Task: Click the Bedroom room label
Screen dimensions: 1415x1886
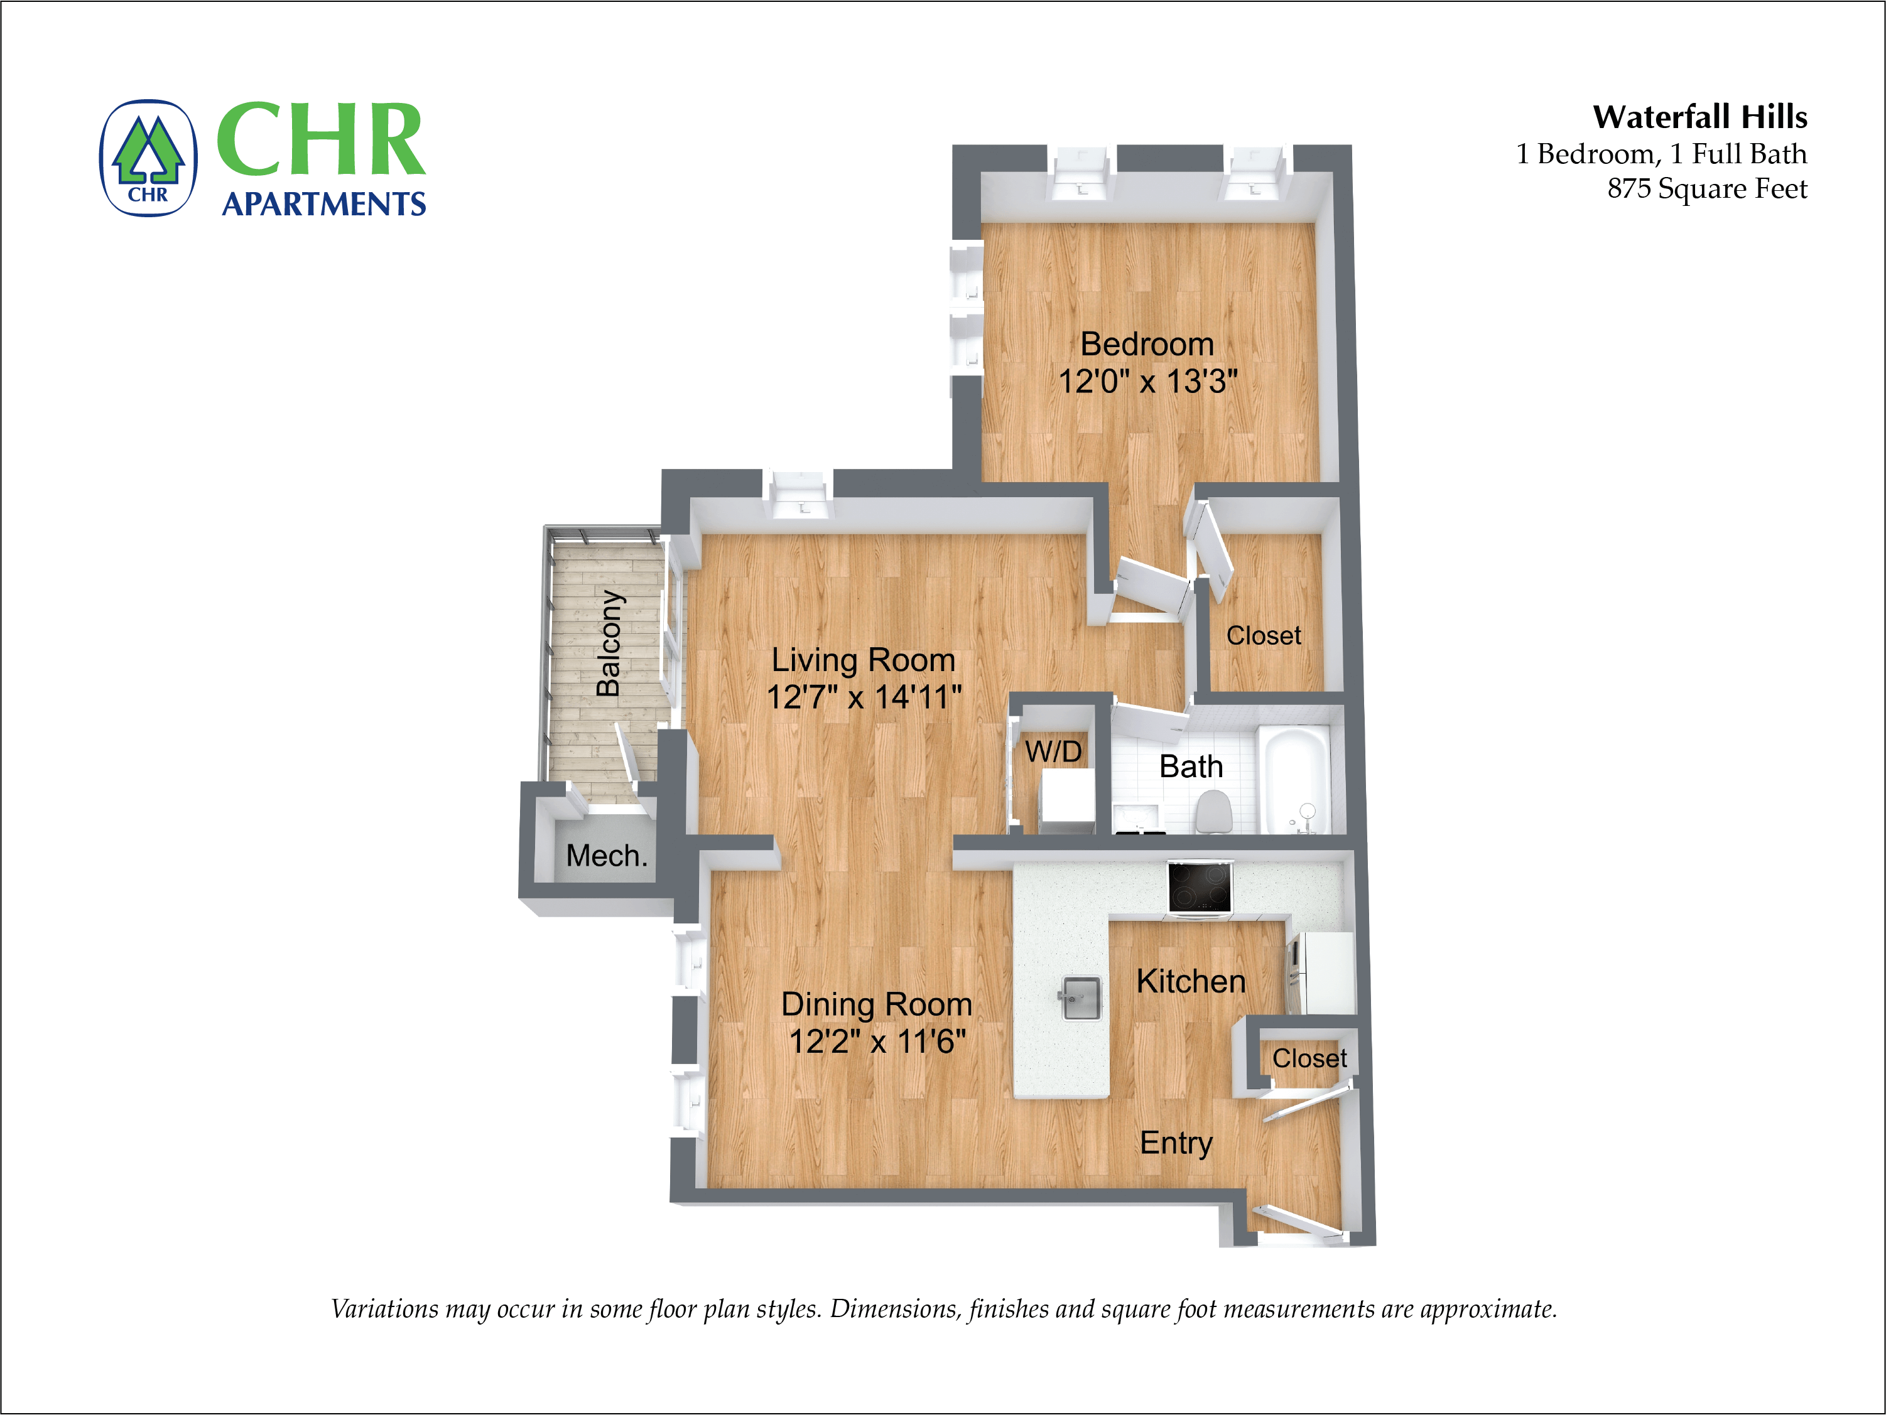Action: (x=1147, y=345)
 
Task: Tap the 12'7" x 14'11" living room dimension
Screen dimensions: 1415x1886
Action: (x=864, y=697)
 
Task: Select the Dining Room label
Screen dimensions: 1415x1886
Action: (x=877, y=1004)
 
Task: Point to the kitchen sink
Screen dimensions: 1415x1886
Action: (x=1081, y=998)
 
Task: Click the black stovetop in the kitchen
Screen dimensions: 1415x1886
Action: (x=1200, y=886)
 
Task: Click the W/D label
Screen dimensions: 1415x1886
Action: (x=1053, y=752)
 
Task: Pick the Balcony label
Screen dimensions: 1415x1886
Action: (x=609, y=643)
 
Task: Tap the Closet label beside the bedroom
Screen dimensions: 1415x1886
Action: (x=1264, y=636)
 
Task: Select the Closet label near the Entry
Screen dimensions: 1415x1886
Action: (x=1309, y=1058)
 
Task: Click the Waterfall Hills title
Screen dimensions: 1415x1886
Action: (x=1699, y=117)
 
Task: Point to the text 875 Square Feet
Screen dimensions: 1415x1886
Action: (x=1707, y=188)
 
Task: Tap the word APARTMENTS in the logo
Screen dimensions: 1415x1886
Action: (x=324, y=205)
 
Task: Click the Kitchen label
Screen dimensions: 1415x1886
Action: (x=1191, y=982)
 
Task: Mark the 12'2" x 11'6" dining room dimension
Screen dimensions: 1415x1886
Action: (x=877, y=1041)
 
